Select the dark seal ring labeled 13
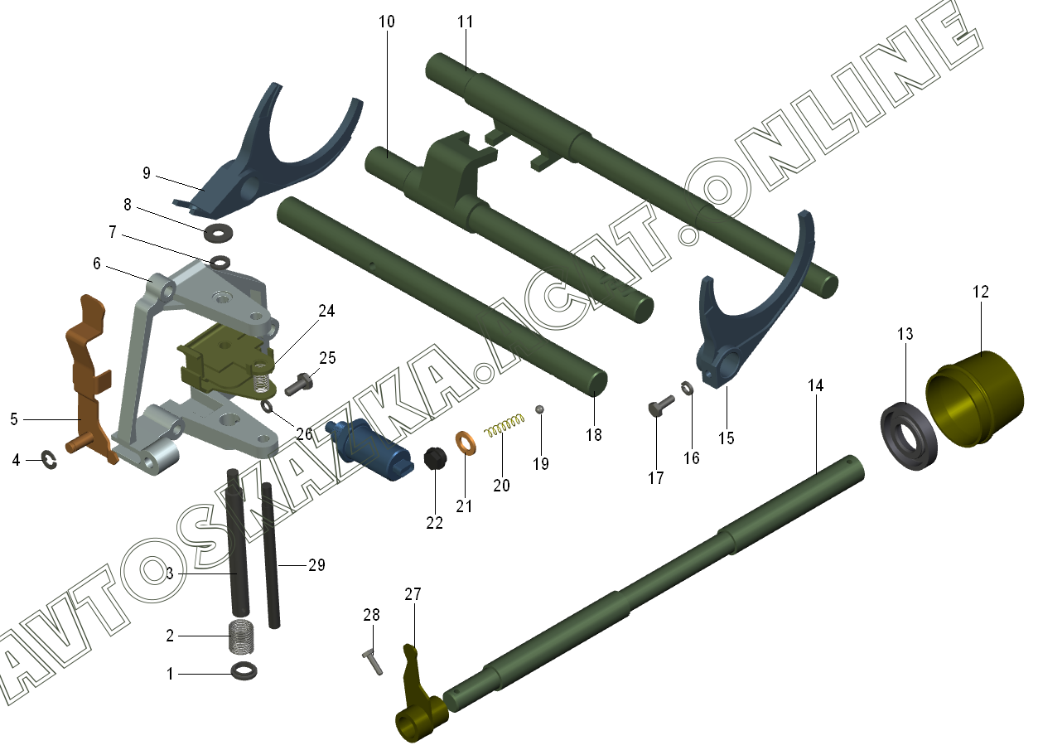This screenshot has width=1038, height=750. [910, 436]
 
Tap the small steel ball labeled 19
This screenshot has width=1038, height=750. [539, 409]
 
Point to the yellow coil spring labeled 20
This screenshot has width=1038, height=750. [505, 427]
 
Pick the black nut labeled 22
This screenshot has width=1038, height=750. [433, 458]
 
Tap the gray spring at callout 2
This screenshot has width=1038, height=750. [242, 636]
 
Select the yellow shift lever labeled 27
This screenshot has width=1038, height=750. [414, 696]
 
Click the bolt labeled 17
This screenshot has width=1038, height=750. [659, 406]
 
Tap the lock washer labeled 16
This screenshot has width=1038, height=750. [688, 388]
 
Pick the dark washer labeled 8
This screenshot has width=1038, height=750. [219, 231]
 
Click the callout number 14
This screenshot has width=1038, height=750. [816, 385]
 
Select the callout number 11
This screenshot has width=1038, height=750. [465, 22]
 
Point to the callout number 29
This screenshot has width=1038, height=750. [316, 566]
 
